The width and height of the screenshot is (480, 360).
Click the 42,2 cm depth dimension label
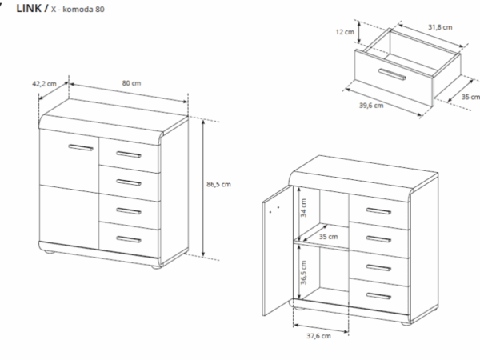pos(44,83)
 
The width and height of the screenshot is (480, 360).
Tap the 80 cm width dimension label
pos(132,83)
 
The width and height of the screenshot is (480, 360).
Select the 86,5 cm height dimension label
pos(218,184)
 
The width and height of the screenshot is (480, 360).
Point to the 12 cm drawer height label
pos(345,32)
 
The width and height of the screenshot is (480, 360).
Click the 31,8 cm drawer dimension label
pos(440,27)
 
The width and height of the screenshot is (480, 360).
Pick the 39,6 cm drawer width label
pos(371,106)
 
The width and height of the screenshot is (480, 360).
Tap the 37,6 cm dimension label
pos(318,336)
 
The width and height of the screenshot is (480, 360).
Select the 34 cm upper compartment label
pos(303,208)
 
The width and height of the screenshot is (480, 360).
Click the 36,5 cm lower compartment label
pos(303,273)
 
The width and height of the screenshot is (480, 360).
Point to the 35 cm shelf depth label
pos(328,237)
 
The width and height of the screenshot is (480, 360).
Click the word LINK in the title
pos(29,8)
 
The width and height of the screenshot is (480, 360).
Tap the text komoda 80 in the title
pos(83,9)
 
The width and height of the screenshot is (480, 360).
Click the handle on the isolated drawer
pos(392,74)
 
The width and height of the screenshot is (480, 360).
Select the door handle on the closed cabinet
pos(81,147)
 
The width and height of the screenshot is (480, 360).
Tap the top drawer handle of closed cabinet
pos(129,154)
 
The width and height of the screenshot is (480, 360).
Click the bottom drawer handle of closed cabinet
pos(129,239)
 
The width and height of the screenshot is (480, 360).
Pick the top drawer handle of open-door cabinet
pos(378,211)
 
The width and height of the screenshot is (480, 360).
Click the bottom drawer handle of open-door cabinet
pos(378,296)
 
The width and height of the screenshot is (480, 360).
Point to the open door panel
pos(276,250)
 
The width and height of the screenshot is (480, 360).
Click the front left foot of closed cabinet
pos(49,252)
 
